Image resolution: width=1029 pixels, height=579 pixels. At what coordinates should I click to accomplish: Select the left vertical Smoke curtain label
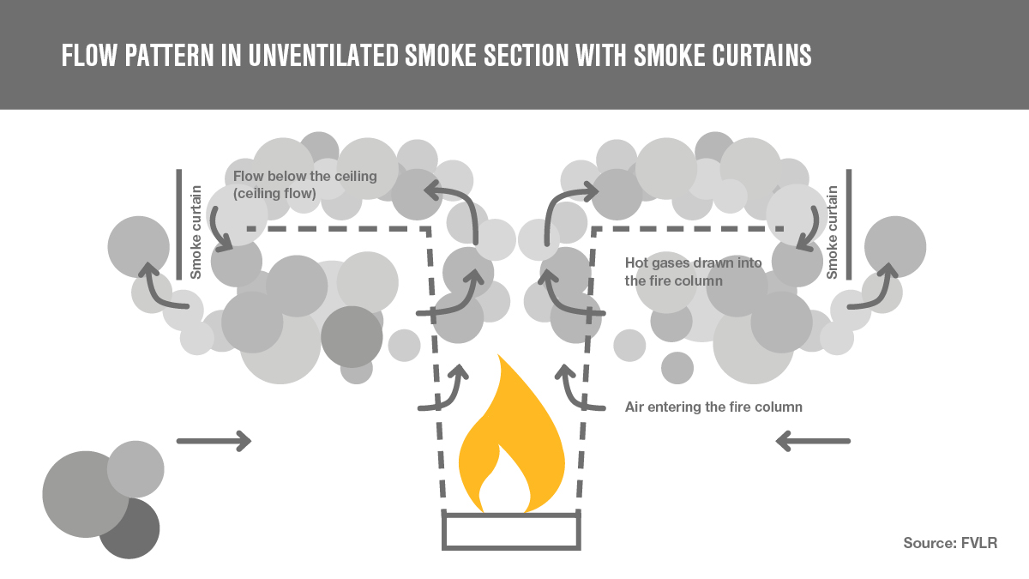(196, 232)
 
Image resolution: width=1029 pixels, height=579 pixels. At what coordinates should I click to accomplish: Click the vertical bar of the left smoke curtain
(178, 224)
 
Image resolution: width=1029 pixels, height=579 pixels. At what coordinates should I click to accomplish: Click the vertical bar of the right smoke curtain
(849, 224)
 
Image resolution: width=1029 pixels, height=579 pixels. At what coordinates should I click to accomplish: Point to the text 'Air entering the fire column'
(713, 407)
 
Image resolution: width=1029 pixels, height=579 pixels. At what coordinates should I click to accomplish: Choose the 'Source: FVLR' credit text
(950, 543)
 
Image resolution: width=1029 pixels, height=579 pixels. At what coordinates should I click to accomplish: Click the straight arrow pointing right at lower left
(214, 441)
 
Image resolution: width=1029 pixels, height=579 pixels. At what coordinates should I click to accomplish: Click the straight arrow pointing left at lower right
(813, 441)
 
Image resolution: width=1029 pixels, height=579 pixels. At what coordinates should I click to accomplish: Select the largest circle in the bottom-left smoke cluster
(81, 494)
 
